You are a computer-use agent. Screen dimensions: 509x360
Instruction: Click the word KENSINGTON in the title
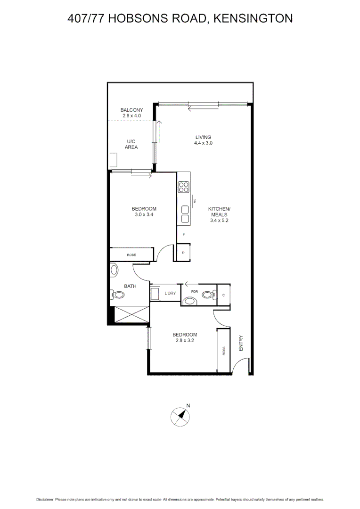[253, 18]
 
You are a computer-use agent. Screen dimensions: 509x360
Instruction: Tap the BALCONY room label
[131, 110]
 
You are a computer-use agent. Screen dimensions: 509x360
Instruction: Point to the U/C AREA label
[131, 144]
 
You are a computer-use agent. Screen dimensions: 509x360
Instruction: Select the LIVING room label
[204, 137]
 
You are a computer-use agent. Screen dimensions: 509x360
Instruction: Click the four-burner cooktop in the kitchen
[184, 187]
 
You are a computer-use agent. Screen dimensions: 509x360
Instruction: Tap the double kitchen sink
[184, 214]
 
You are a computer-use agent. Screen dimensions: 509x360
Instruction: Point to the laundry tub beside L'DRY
[155, 294]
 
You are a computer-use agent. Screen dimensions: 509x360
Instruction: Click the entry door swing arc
[243, 364]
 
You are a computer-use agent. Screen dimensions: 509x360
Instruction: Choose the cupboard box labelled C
[223, 295]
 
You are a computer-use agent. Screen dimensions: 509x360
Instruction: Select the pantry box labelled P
[183, 253]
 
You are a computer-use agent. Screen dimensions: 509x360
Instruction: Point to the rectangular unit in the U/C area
[113, 160]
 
